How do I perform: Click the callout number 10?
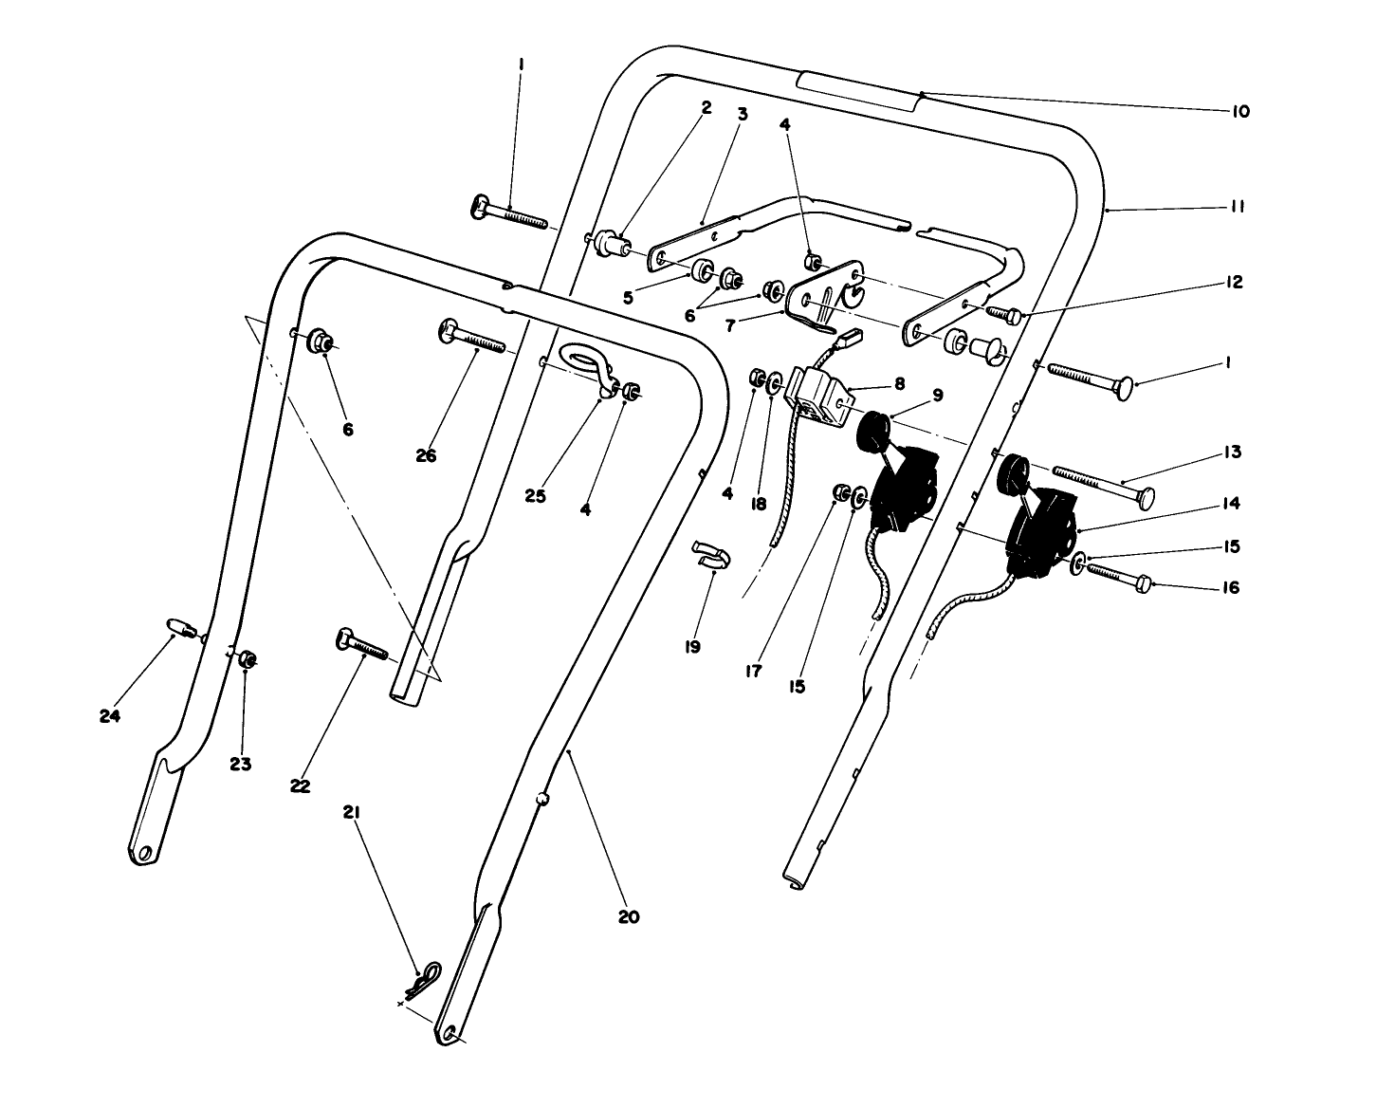coord(1240,111)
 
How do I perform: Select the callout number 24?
coord(110,717)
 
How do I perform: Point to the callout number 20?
coord(629,917)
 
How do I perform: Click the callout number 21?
coord(352,813)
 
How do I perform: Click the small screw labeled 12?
coord(1005,313)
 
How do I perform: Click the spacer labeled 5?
coord(702,270)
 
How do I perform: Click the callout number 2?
coord(706,108)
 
